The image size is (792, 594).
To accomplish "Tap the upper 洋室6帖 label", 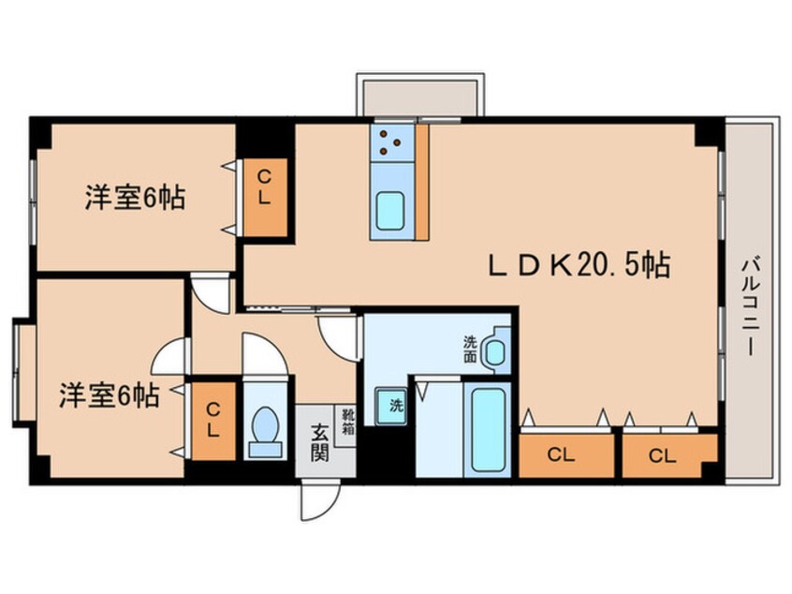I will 135,198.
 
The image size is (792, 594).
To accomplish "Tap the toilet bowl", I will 266,429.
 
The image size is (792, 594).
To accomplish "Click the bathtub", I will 488,428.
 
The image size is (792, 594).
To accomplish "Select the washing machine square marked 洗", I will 393,406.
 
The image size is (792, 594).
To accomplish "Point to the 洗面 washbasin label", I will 471,349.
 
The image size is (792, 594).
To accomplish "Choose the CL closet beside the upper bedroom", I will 265,199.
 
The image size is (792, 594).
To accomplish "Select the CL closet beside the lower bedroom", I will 213,419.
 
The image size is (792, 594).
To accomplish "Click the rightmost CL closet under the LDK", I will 663,455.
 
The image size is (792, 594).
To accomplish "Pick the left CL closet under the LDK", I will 561,455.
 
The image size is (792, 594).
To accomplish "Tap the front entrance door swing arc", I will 316,502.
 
